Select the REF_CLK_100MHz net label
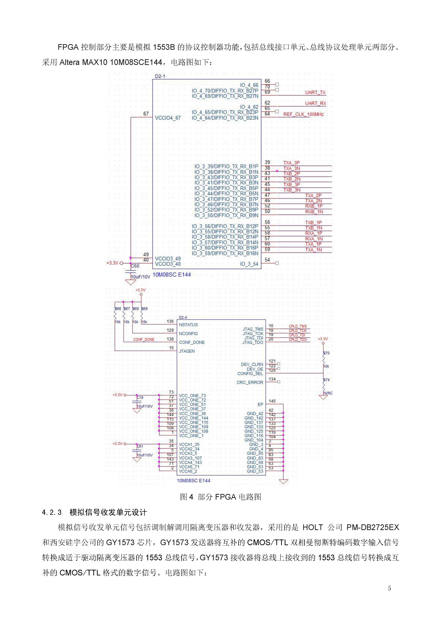pos(303,114)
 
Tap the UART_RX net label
pos(315,103)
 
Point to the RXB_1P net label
pos(314,206)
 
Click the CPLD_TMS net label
pos(298,326)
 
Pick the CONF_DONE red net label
pos(144,339)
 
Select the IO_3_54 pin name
pos(249,264)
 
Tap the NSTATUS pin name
pos(188,325)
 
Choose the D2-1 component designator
pos(160,76)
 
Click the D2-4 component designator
pos(183,317)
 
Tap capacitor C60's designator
pos(135,266)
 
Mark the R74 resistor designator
pos(326,380)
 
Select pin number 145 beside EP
pos(272,401)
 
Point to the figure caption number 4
pos(191,497)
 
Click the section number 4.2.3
pos(52,513)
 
